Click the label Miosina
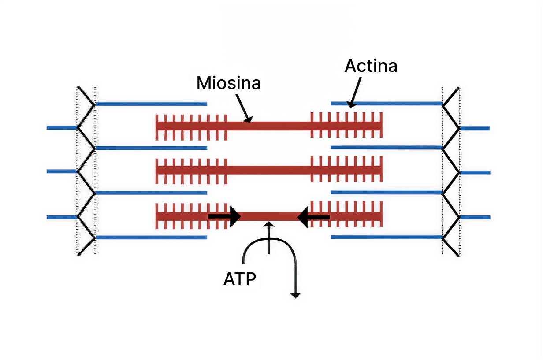[x=228, y=82]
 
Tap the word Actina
[x=371, y=66]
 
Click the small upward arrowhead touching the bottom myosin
[x=268, y=224]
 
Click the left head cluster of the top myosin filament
[x=191, y=125]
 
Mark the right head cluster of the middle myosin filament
[x=346, y=170]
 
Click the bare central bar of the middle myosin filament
[x=268, y=170]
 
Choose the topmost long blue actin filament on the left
[x=151, y=104]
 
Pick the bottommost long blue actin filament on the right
[x=386, y=237]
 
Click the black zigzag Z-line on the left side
[x=86, y=171]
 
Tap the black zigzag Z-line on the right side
[x=451, y=171]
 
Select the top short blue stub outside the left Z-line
[x=62, y=128]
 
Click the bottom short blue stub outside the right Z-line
[x=475, y=217]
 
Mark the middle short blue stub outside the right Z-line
[x=475, y=173]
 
